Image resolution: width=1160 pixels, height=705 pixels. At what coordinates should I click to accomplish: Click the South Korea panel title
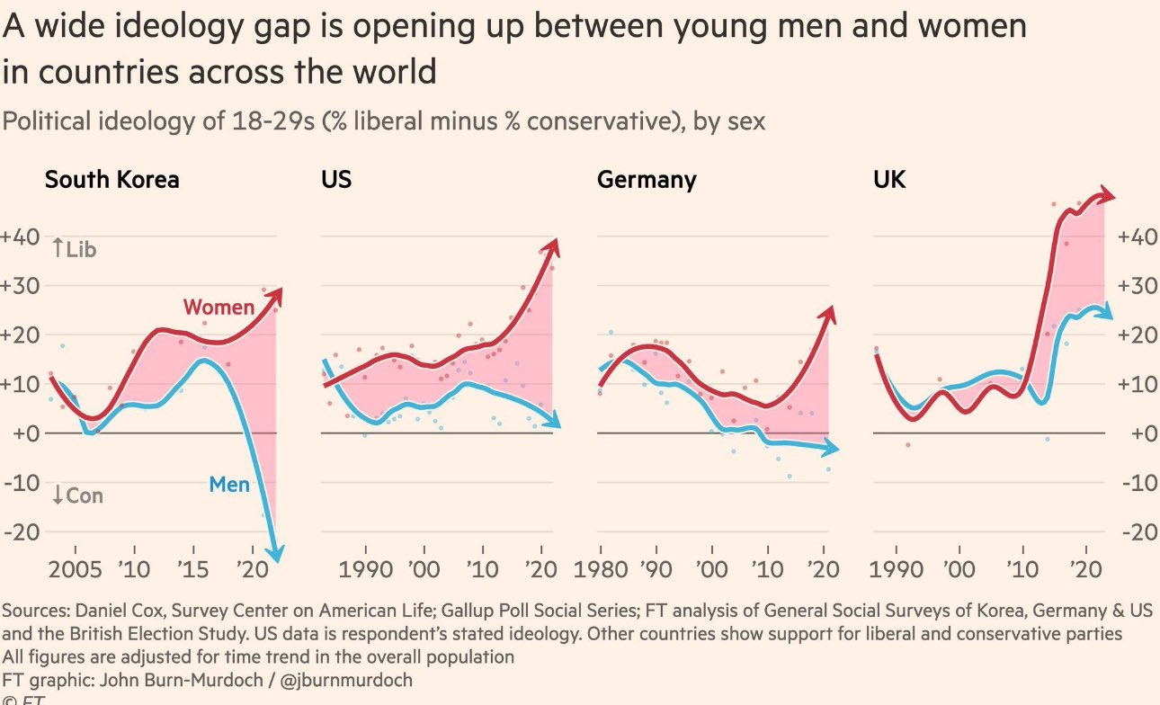pyautogui.click(x=112, y=180)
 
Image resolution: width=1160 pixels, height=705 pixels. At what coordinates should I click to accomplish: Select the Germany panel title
pyautogui.click(x=647, y=180)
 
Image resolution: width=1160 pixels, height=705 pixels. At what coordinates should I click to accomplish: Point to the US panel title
pyautogui.click(x=336, y=180)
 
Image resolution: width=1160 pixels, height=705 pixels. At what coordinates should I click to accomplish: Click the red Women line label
pyautogui.click(x=219, y=308)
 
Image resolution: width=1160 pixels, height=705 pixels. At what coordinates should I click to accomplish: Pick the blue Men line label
pyautogui.click(x=229, y=485)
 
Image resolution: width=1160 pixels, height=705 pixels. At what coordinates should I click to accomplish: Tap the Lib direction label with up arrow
pyautogui.click(x=74, y=248)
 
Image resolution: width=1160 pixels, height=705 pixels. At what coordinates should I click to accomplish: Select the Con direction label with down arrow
pyautogui.click(x=77, y=495)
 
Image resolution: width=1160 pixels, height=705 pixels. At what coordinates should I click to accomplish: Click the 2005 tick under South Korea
pyautogui.click(x=75, y=571)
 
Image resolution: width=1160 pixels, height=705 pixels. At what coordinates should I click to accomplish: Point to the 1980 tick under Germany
pyautogui.click(x=600, y=571)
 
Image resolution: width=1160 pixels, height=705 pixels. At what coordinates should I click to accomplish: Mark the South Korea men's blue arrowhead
pyautogui.click(x=280, y=555)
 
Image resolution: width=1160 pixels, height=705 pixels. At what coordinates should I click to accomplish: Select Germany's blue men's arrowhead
pyautogui.click(x=833, y=448)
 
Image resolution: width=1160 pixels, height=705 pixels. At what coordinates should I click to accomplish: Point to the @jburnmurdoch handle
pyautogui.click(x=350, y=680)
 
